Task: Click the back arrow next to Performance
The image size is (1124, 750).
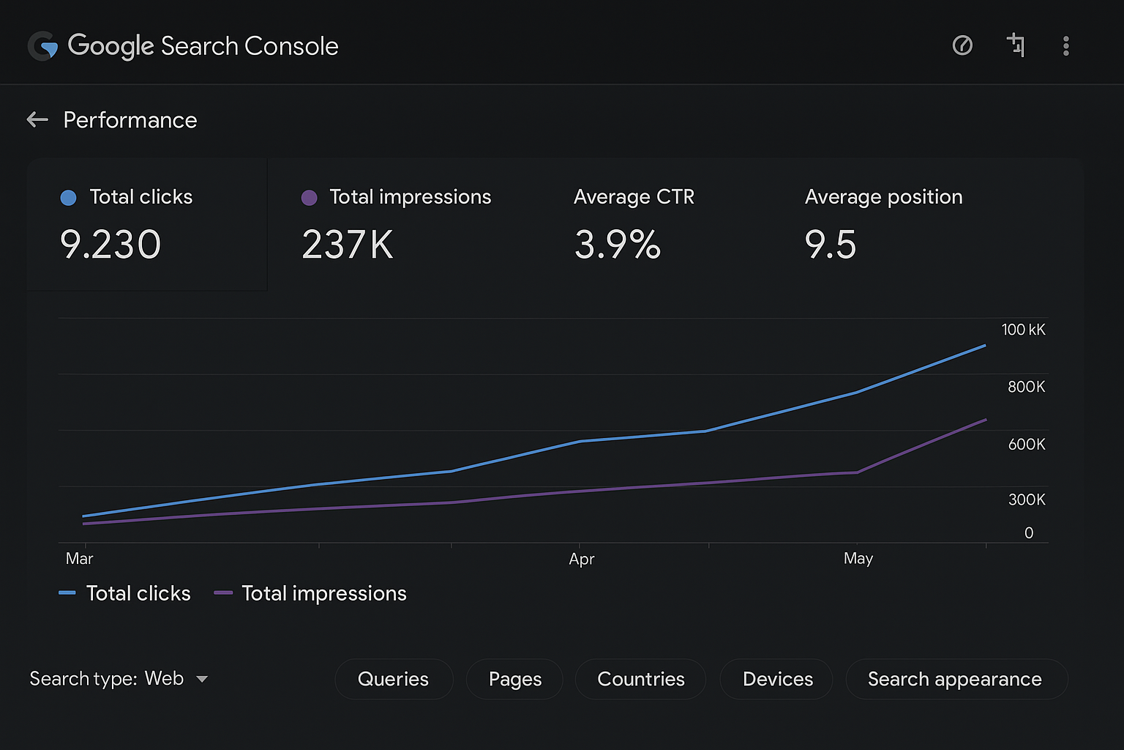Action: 37,119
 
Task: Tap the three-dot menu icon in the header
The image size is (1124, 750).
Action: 1065,46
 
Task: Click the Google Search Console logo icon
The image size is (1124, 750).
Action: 42,46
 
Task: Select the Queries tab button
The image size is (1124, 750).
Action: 393,679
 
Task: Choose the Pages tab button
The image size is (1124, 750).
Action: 514,679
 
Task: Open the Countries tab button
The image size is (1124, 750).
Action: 640,679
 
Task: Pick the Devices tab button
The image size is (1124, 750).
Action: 777,679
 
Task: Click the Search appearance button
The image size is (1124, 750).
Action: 954,679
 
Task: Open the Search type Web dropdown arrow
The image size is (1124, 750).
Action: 202,679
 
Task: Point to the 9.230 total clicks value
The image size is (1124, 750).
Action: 110,245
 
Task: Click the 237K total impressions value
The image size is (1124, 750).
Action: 348,245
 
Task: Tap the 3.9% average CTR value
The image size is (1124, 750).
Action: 618,245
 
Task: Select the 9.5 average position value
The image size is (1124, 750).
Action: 830,245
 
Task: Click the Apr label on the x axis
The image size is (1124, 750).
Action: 582,559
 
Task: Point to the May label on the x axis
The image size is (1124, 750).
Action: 858,559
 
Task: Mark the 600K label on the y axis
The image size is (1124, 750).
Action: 1026,444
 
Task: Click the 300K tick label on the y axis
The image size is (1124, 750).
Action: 1026,500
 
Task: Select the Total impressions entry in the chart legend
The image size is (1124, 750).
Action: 323,593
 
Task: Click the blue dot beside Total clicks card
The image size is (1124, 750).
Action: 68,198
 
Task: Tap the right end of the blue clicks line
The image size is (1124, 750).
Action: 984,346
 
